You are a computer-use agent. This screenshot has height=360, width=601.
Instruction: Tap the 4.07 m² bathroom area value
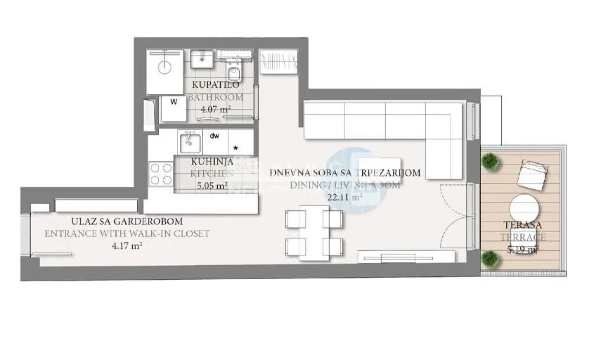click(217, 109)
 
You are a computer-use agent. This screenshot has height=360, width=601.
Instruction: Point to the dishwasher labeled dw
click(216, 136)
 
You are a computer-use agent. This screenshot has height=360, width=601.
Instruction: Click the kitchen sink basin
click(190, 143)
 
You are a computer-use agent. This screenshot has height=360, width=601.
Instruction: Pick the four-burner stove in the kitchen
click(161, 174)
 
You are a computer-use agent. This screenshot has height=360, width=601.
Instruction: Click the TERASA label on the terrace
click(521, 225)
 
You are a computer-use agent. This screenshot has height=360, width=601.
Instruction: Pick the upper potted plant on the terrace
click(489, 161)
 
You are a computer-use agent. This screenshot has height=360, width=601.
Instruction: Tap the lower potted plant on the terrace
click(489, 259)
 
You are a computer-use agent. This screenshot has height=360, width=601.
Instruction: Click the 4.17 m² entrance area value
click(127, 246)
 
